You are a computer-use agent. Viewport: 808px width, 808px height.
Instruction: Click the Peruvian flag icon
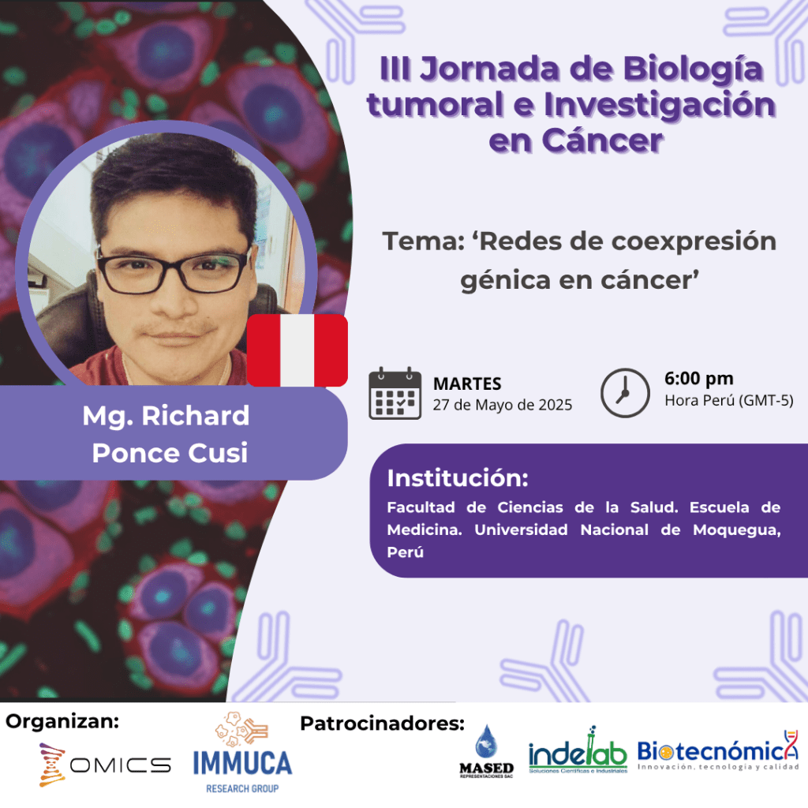point(297,350)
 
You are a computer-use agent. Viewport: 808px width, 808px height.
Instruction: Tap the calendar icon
point(395,393)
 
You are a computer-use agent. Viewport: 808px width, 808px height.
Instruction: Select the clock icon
point(625,393)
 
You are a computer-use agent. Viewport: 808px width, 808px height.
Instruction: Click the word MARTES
point(467,384)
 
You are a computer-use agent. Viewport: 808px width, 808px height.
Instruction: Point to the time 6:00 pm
point(698,379)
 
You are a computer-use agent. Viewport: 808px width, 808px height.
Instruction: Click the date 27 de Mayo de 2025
point(503,405)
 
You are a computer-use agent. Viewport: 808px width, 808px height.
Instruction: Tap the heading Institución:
point(458,478)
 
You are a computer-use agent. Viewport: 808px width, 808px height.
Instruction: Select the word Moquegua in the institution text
point(736,530)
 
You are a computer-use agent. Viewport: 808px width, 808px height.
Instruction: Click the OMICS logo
point(105,765)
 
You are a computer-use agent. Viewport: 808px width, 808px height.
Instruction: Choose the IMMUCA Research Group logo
point(242,753)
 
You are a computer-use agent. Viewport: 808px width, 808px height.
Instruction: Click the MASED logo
point(486,752)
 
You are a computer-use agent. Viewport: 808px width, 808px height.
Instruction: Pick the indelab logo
point(578,751)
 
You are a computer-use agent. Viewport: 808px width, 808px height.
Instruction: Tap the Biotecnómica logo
point(718,751)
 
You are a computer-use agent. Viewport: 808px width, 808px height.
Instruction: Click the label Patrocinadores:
point(383,724)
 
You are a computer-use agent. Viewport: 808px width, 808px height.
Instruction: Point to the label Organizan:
point(62,721)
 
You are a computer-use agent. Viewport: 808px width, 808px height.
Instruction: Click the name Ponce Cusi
point(170,453)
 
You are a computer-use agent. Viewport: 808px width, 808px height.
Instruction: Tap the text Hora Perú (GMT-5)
point(728,400)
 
